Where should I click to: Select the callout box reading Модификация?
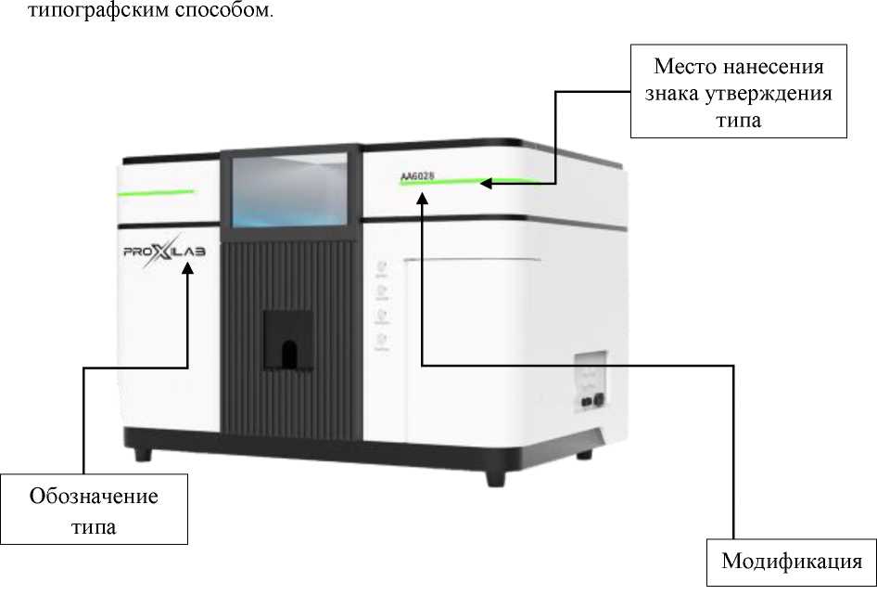coord(792,562)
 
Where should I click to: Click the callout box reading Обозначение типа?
coord(94,510)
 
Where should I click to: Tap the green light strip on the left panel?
coord(155,191)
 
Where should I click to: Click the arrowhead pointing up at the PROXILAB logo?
coord(188,268)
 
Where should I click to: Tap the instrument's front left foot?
coord(141,454)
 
